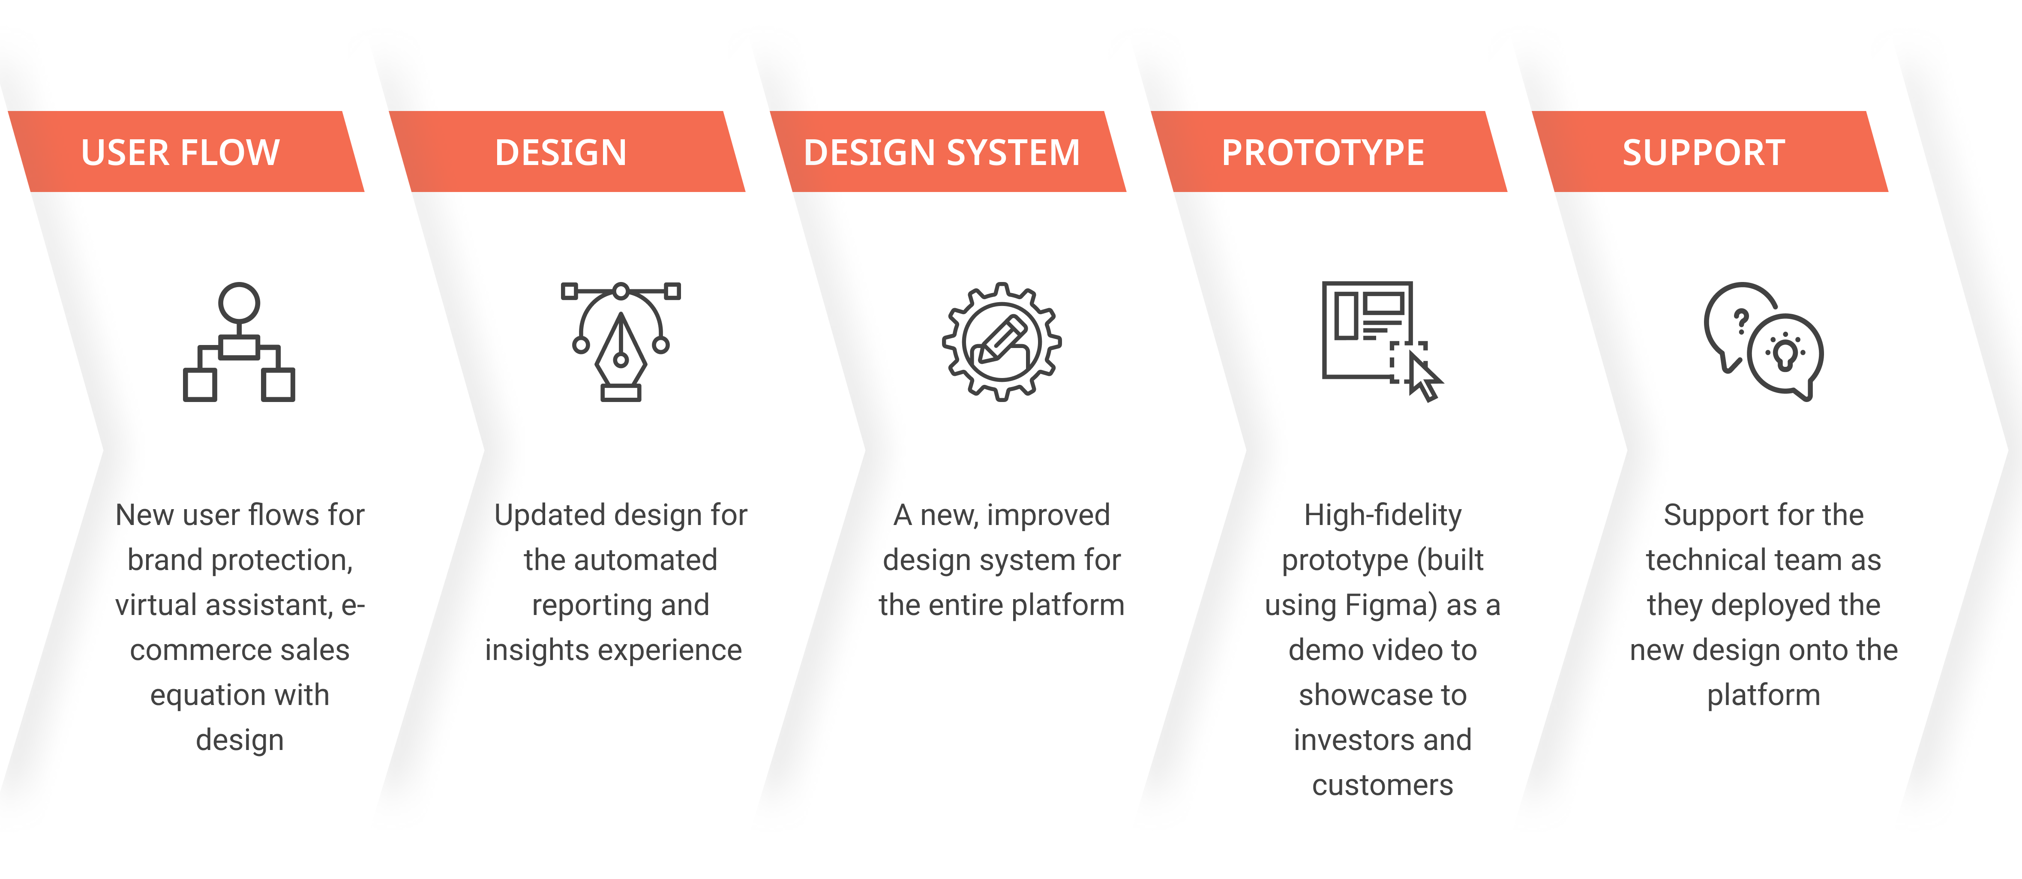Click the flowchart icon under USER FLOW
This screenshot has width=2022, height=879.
(x=239, y=342)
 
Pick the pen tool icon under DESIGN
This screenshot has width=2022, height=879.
(x=620, y=342)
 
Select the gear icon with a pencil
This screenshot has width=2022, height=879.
(x=1002, y=342)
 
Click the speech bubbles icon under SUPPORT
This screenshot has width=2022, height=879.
(x=1763, y=342)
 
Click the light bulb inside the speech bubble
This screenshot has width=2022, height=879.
(x=1786, y=355)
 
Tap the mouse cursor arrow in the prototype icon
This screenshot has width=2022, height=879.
(x=1423, y=377)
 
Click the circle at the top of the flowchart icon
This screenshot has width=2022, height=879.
(x=239, y=302)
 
